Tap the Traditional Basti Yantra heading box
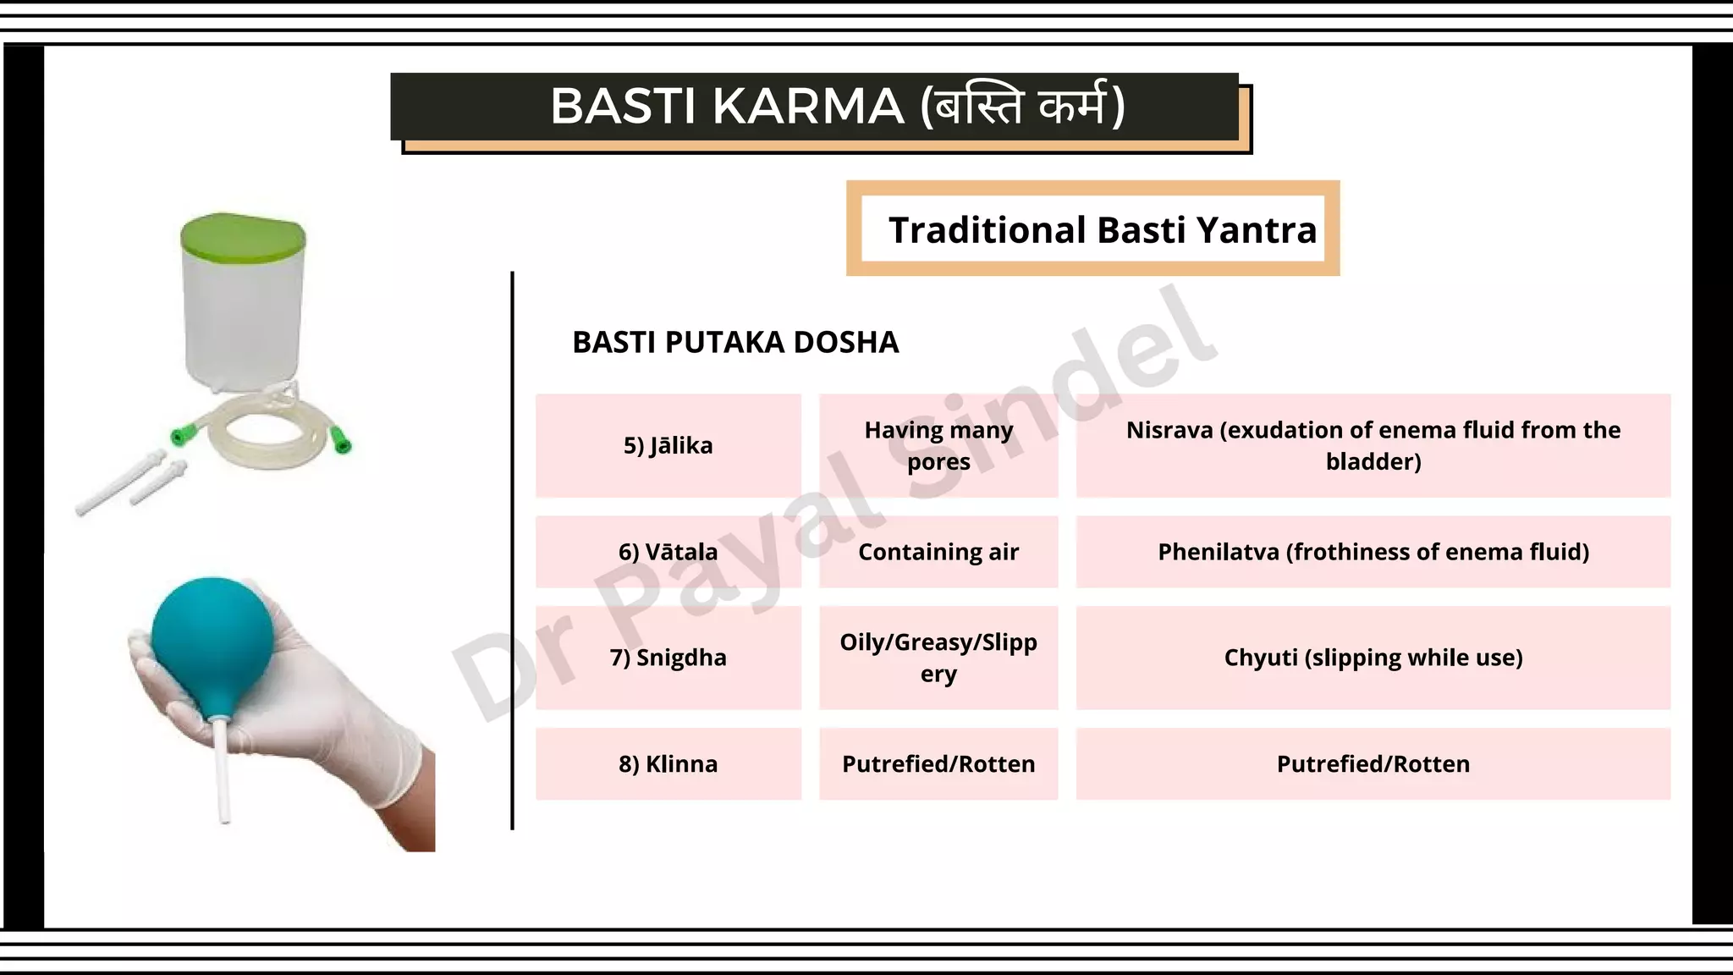(1092, 229)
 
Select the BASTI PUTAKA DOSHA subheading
(734, 342)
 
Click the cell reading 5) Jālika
(668, 445)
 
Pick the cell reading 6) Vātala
(668, 552)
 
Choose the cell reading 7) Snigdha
(668, 658)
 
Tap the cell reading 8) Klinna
(668, 763)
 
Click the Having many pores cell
(938, 445)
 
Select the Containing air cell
(938, 552)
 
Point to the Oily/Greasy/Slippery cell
(938, 658)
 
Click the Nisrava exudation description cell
(1373, 445)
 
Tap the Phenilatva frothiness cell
(1373, 552)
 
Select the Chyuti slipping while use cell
(1373, 658)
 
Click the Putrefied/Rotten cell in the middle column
(938, 763)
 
